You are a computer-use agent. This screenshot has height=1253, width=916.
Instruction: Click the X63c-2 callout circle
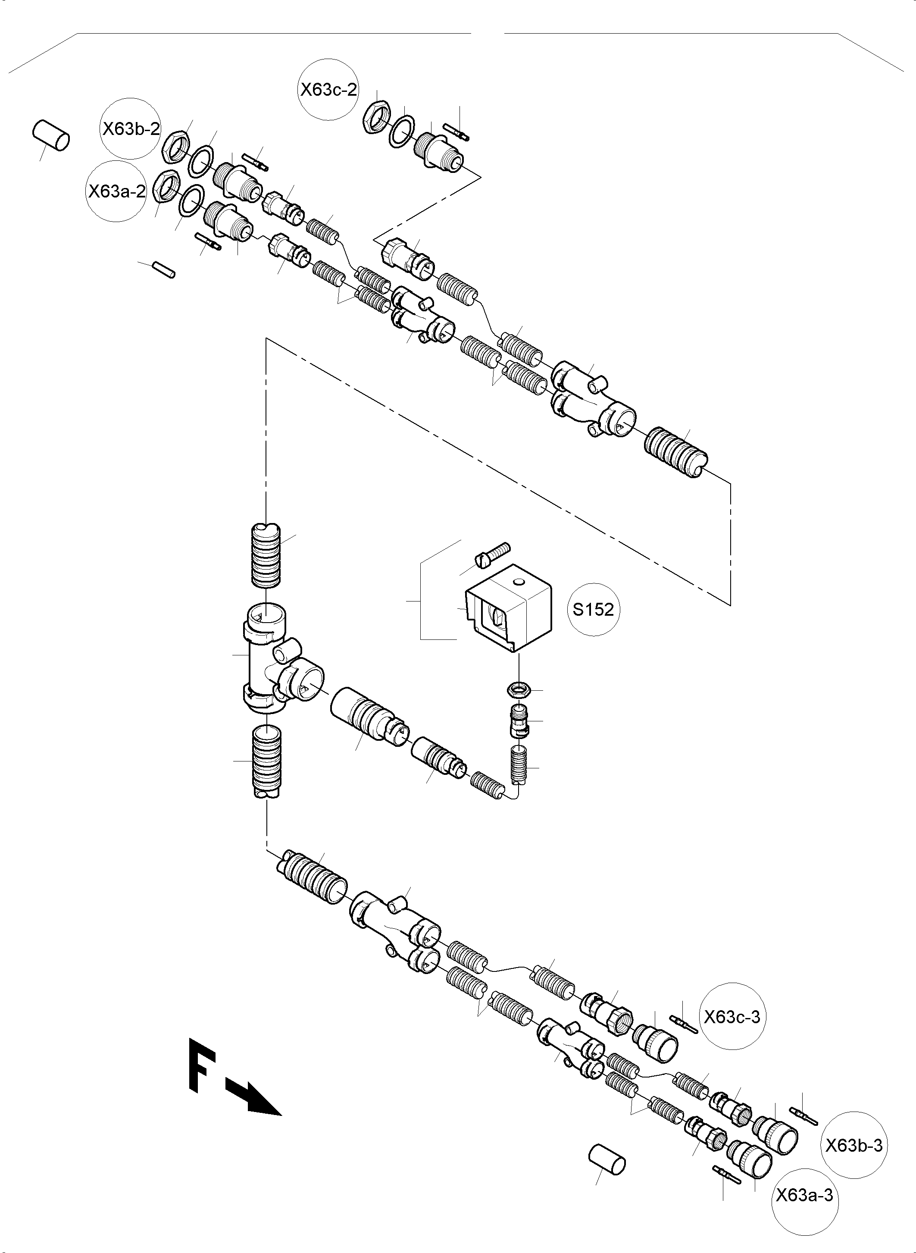(329, 89)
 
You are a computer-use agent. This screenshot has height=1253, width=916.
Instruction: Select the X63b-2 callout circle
(131, 128)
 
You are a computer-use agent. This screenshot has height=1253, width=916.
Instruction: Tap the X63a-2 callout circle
(117, 191)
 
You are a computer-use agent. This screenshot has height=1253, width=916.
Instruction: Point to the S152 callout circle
(593, 610)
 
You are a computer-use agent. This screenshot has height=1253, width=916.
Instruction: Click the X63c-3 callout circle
(732, 1017)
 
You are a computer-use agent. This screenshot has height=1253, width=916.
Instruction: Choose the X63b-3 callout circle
(853, 1145)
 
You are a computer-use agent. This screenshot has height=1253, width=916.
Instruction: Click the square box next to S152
(509, 608)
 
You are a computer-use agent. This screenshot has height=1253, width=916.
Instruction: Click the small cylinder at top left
(51, 135)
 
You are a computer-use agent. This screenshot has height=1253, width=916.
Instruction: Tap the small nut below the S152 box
(519, 690)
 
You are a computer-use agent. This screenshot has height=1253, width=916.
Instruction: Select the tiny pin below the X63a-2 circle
(165, 270)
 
